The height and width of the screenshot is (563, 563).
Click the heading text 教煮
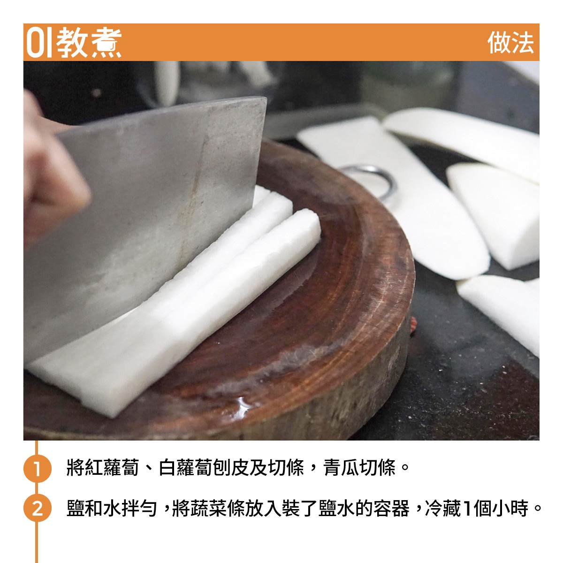tap(89, 43)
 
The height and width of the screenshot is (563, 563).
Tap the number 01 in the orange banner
tap(39, 43)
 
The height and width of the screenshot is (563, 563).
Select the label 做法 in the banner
tap(510, 43)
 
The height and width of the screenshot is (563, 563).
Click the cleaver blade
tap(140, 222)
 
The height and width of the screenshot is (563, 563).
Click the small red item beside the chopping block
tap(413, 325)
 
